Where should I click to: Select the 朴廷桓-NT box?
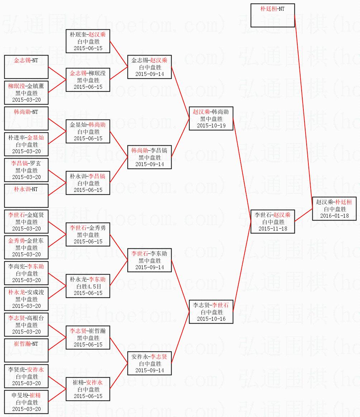pos(272,15)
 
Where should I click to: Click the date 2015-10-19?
pos(211,126)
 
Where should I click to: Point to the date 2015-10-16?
pos(211,319)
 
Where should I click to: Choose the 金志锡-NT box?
pos(26,67)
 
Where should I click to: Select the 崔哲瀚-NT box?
pos(26,350)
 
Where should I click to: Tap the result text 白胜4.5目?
pos(88,286)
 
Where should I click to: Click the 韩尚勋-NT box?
pos(26,118)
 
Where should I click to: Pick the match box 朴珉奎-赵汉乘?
pos(88,41)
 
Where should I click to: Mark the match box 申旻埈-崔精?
pos(26,402)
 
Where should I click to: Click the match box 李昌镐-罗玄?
pos(26,170)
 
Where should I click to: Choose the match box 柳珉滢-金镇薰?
pos(26,93)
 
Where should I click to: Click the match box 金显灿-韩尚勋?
pos(88,131)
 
